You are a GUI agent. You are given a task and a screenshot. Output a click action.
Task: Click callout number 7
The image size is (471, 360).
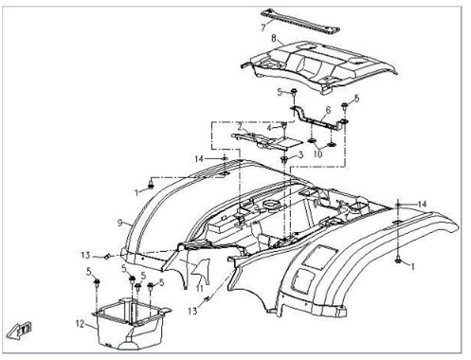pyautogui.click(x=263, y=27)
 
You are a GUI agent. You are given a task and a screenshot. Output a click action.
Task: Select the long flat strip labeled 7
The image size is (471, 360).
pyautogui.click(x=300, y=22)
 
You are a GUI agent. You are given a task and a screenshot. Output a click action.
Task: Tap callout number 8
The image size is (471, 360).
pyautogui.click(x=274, y=39)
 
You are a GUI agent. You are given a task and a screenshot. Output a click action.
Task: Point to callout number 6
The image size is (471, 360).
pyautogui.click(x=328, y=110)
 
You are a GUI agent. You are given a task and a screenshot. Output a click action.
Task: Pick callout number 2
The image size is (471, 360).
pyautogui.click(x=240, y=127)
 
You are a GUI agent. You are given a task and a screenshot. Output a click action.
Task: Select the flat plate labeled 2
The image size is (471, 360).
pyautogui.click(x=267, y=141)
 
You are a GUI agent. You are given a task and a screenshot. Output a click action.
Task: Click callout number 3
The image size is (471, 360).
pyautogui.click(x=300, y=154)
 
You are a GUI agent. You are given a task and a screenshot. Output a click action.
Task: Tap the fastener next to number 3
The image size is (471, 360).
pyautogui.click(x=284, y=160)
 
